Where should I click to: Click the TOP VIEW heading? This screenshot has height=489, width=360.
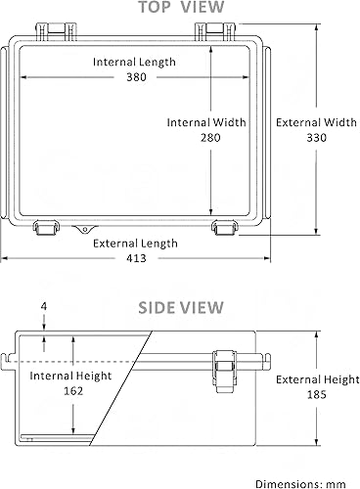click(180, 9)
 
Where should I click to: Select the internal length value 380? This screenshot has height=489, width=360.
click(135, 79)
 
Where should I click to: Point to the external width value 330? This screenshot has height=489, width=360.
click(315, 139)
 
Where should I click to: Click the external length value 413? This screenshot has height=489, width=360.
click(135, 259)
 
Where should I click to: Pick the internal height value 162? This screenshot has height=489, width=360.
click(70, 391)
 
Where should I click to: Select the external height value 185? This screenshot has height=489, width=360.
click(315, 395)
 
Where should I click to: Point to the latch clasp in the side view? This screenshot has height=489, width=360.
click(224, 373)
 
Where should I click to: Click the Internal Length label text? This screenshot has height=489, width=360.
click(135, 63)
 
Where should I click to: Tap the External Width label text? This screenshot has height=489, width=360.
click(315, 123)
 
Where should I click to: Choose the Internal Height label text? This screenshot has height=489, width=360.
click(70, 376)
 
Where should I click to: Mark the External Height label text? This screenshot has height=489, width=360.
click(315, 379)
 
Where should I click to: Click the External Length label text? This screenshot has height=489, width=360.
click(135, 244)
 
